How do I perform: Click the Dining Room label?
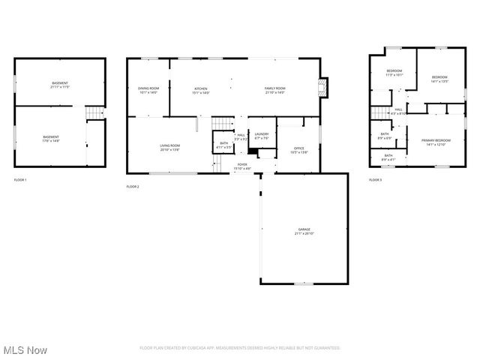[x=148, y=90]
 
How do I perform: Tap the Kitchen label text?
[x=201, y=90]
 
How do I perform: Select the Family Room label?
[x=274, y=90]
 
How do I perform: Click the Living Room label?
[x=169, y=147]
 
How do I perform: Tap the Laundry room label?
[x=262, y=136]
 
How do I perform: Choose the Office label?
[x=298, y=150]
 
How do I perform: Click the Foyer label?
[x=242, y=165]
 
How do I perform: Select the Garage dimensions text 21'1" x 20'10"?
[x=304, y=234]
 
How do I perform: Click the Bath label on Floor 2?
[x=223, y=145]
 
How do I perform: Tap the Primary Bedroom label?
[x=436, y=142]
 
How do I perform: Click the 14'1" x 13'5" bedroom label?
[x=439, y=79]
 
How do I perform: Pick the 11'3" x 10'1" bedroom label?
[x=394, y=73]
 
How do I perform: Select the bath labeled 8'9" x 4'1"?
[x=388, y=157]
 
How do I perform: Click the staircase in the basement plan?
[x=94, y=112]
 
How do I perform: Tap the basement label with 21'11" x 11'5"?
[x=60, y=85]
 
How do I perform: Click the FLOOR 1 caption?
[x=20, y=180]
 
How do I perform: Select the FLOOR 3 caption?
[x=375, y=180]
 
